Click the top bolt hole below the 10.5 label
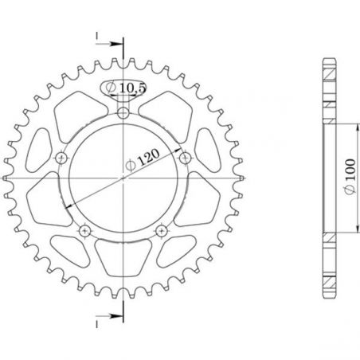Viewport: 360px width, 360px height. click(123, 116)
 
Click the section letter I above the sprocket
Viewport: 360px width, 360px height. click(95, 37)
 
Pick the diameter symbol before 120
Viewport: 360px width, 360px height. click(130, 166)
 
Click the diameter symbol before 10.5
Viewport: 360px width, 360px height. click(112, 88)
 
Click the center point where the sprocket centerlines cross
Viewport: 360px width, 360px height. click(123, 180)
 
